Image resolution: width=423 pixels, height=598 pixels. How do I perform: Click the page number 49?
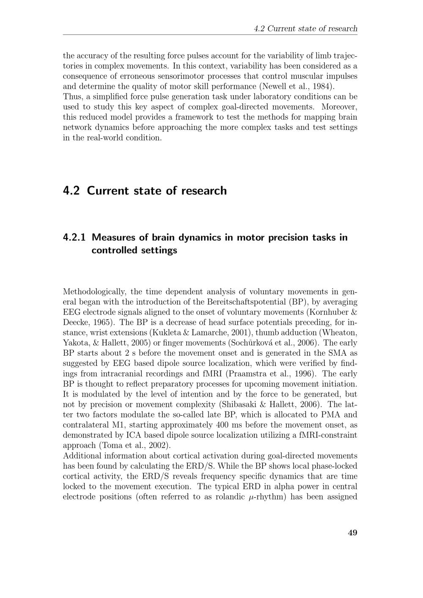352,532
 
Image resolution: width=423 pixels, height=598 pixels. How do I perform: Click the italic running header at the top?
305,29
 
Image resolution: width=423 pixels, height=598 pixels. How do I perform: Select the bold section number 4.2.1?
74,237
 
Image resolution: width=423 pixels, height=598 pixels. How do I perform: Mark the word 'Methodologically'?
95,291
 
